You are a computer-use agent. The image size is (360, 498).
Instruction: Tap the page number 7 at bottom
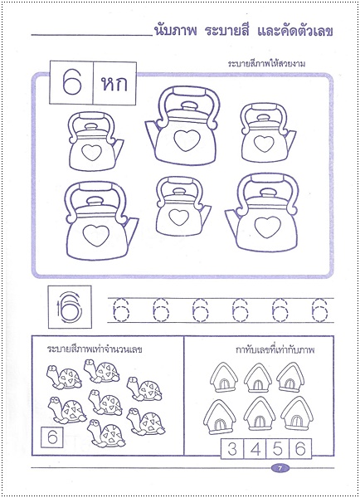click(280, 471)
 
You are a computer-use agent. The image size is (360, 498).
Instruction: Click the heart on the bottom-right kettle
click(266, 226)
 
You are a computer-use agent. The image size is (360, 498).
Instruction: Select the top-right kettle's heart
click(263, 144)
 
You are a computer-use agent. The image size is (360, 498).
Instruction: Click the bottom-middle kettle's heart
click(180, 217)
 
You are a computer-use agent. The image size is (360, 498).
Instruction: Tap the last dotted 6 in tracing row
click(316, 310)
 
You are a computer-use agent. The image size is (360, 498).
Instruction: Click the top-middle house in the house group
click(259, 378)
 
